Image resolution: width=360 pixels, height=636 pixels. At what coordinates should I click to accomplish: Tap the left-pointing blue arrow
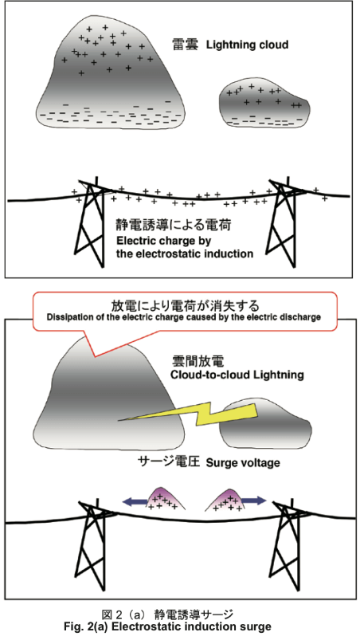coord(135,502)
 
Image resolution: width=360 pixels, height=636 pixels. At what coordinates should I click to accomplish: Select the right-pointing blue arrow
coord(254,501)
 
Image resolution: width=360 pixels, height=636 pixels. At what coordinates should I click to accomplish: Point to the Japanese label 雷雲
coord(186,44)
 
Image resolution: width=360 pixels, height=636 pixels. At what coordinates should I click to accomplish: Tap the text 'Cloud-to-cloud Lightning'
coord(237,375)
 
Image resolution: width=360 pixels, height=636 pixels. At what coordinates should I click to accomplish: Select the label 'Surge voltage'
coord(244,462)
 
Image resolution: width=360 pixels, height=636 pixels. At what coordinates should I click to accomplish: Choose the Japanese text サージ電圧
coord(170,461)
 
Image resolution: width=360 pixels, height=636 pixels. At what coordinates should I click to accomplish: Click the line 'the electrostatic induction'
coord(185,254)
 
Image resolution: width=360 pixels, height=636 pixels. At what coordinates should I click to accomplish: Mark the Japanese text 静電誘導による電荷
coord(174,225)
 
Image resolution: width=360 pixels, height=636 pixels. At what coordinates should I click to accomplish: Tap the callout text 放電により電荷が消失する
coord(186,304)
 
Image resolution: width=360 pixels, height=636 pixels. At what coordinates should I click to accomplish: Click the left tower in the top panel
coord(89,222)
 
